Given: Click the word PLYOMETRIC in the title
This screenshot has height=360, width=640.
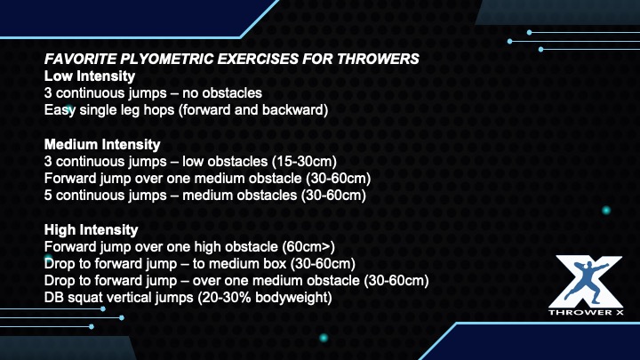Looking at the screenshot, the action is [x=166, y=60].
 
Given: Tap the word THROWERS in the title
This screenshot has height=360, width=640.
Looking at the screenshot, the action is [x=378, y=60].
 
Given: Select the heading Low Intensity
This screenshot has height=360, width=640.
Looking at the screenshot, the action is [x=90, y=76].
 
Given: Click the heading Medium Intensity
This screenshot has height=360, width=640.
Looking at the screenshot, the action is [x=102, y=144].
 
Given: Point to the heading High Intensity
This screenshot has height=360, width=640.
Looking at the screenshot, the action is [x=91, y=230].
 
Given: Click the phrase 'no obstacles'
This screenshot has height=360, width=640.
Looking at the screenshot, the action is [x=222, y=93].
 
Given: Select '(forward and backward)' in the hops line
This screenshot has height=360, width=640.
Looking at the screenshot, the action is [x=253, y=110].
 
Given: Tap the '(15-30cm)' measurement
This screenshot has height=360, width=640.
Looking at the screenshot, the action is [x=305, y=162].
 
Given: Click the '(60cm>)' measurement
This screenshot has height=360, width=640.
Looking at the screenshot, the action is [x=308, y=247].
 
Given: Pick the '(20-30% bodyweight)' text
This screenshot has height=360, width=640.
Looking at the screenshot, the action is [x=265, y=298].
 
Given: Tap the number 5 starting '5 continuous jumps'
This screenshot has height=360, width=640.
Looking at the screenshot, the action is [x=48, y=196].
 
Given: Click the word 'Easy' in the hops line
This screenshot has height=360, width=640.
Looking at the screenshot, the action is [x=60, y=110].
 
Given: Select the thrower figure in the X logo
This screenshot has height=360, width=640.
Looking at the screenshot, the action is [x=587, y=282].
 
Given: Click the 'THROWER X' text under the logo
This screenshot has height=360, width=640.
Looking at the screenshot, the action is [x=586, y=312].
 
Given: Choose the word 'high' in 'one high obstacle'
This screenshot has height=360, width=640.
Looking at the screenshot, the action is [x=208, y=247].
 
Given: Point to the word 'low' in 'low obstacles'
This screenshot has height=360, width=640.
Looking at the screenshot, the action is [x=190, y=162].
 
